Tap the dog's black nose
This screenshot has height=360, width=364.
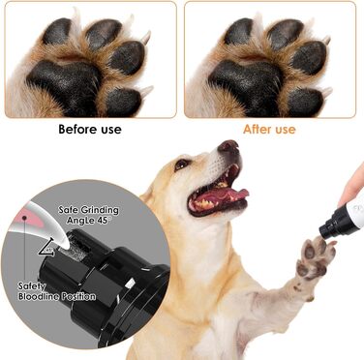pyautogui.click(x=227, y=147)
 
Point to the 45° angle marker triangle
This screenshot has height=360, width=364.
pyautogui.click(x=44, y=249)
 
